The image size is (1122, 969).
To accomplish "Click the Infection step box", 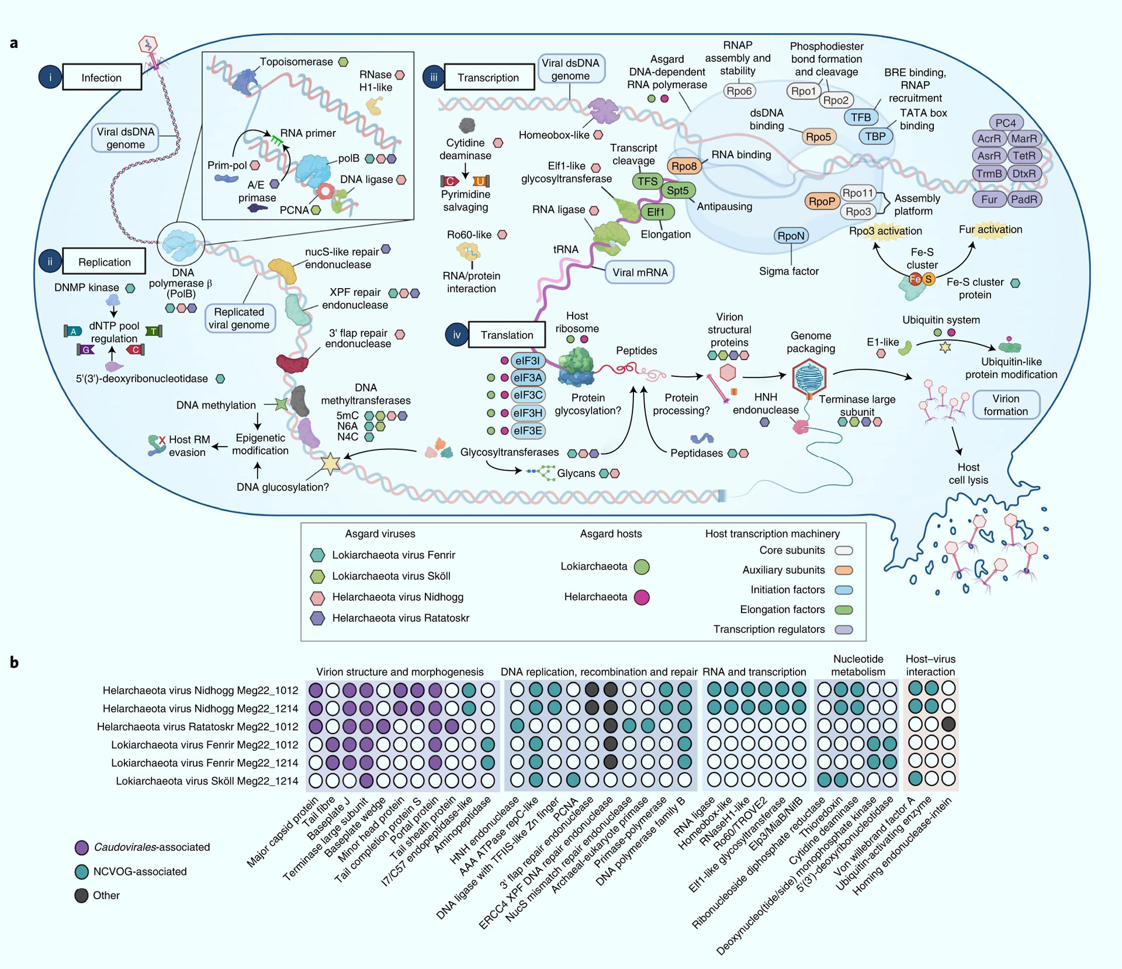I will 102,77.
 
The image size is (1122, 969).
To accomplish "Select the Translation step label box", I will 507,335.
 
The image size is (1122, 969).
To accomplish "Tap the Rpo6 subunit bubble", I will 739,91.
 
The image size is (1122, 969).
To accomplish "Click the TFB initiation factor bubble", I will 861,117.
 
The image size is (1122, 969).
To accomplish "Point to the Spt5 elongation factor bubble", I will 678,191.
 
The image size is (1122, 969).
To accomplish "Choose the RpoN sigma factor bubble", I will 791,236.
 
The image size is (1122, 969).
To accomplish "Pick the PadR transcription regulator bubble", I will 1024,199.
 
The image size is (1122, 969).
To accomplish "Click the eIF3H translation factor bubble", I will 528,413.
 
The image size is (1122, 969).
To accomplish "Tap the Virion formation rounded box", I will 1005,405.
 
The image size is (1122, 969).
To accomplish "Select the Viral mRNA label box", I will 640,272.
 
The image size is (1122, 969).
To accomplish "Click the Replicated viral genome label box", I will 239,319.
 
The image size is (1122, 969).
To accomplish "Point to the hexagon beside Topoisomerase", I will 344,62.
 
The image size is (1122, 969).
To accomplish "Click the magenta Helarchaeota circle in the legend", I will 642,597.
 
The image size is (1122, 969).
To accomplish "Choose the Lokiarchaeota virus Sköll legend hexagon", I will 317,576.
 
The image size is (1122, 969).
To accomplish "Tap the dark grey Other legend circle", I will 82,895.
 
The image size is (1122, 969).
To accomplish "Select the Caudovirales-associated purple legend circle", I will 82,847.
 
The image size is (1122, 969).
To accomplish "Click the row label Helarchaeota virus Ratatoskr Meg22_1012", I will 198,726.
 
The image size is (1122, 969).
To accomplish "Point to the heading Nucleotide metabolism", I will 858,666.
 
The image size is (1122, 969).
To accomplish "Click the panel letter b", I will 14,662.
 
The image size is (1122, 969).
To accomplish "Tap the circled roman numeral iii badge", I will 434,77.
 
